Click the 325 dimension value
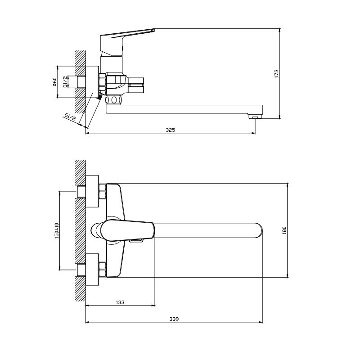pyautogui.click(x=171, y=130)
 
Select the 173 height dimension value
pyautogui.click(x=276, y=73)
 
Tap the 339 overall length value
pyautogui.click(x=174, y=319)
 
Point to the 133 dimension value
pyautogui.click(x=120, y=302)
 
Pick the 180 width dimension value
pyautogui.click(x=285, y=230)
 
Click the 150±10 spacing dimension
pyautogui.click(x=57, y=230)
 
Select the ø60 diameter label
pyautogui.click(x=54, y=82)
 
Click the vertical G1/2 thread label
pyautogui.click(x=66, y=82)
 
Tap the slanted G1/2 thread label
pyautogui.click(x=70, y=117)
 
